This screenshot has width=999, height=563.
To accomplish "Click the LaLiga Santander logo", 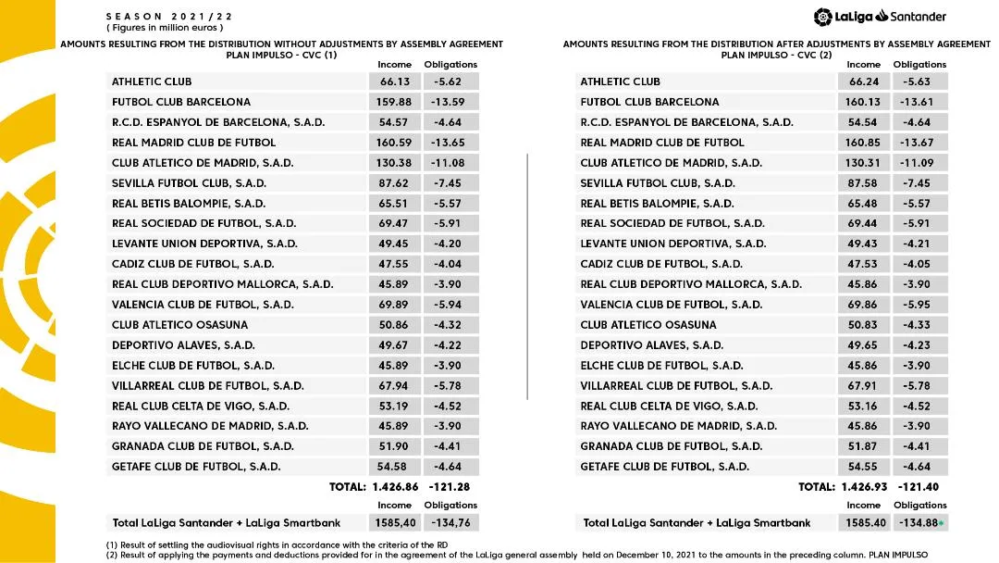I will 880,17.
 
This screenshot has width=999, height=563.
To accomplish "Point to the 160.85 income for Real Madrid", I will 864,143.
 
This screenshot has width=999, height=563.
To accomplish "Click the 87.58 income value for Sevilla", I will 864,183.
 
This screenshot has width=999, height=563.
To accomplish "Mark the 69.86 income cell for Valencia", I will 864,305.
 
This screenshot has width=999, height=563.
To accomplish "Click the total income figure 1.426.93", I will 864,487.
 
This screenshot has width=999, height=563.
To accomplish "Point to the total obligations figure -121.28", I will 450,487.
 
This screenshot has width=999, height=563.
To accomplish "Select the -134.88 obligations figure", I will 917,523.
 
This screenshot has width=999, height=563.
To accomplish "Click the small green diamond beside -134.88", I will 941,524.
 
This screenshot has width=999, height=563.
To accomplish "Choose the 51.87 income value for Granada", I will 864,446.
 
